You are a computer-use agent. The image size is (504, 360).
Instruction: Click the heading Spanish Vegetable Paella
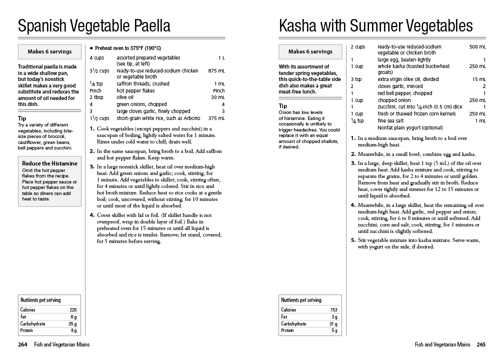coord(94,25)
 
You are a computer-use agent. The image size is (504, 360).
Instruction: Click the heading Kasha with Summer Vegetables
coord(375,25)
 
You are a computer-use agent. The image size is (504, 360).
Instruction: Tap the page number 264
coord(22,344)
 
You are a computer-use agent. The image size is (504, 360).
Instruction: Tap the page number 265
coord(481,344)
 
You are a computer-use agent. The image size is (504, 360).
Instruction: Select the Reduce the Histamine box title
coord(49,163)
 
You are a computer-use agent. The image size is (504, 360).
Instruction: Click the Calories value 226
coord(73,310)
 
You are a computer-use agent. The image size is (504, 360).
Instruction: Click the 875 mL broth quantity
coord(216,71)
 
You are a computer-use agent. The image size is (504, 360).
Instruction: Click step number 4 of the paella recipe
coord(92,215)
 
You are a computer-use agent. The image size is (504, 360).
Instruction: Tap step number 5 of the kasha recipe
coord(353,240)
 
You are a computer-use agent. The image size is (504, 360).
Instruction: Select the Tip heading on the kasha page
coord(283,106)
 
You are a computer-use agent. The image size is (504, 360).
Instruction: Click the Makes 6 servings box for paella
coord(49,51)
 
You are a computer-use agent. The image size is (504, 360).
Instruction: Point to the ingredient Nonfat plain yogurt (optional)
coord(410,127)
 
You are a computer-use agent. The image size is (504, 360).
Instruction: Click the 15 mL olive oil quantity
coord(478,79)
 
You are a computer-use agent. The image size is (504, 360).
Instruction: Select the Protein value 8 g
coord(73,331)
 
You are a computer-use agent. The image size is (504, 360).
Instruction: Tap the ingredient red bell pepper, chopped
coord(404,93)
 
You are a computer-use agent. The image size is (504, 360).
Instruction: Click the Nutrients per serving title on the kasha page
coord(301,300)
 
